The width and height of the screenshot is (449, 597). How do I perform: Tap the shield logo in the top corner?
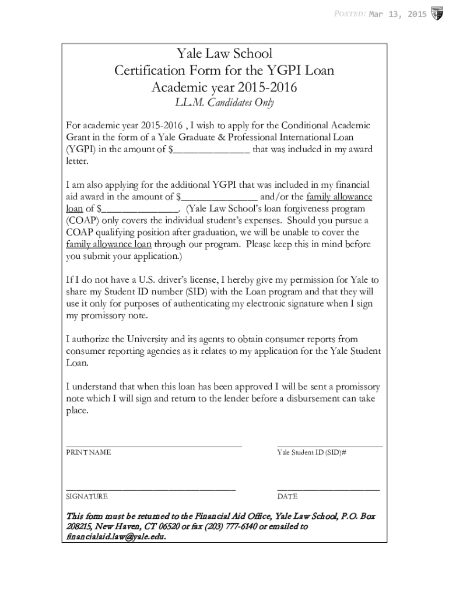[x=436, y=14]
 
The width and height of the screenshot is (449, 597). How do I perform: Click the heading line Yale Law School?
[x=224, y=54]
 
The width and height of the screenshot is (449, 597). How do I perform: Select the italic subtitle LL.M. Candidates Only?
[x=224, y=103]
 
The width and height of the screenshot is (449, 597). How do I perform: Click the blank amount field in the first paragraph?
[x=212, y=150]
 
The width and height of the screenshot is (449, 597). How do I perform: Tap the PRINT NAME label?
[x=88, y=452]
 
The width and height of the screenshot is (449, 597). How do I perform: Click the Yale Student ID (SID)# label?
[x=312, y=452]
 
